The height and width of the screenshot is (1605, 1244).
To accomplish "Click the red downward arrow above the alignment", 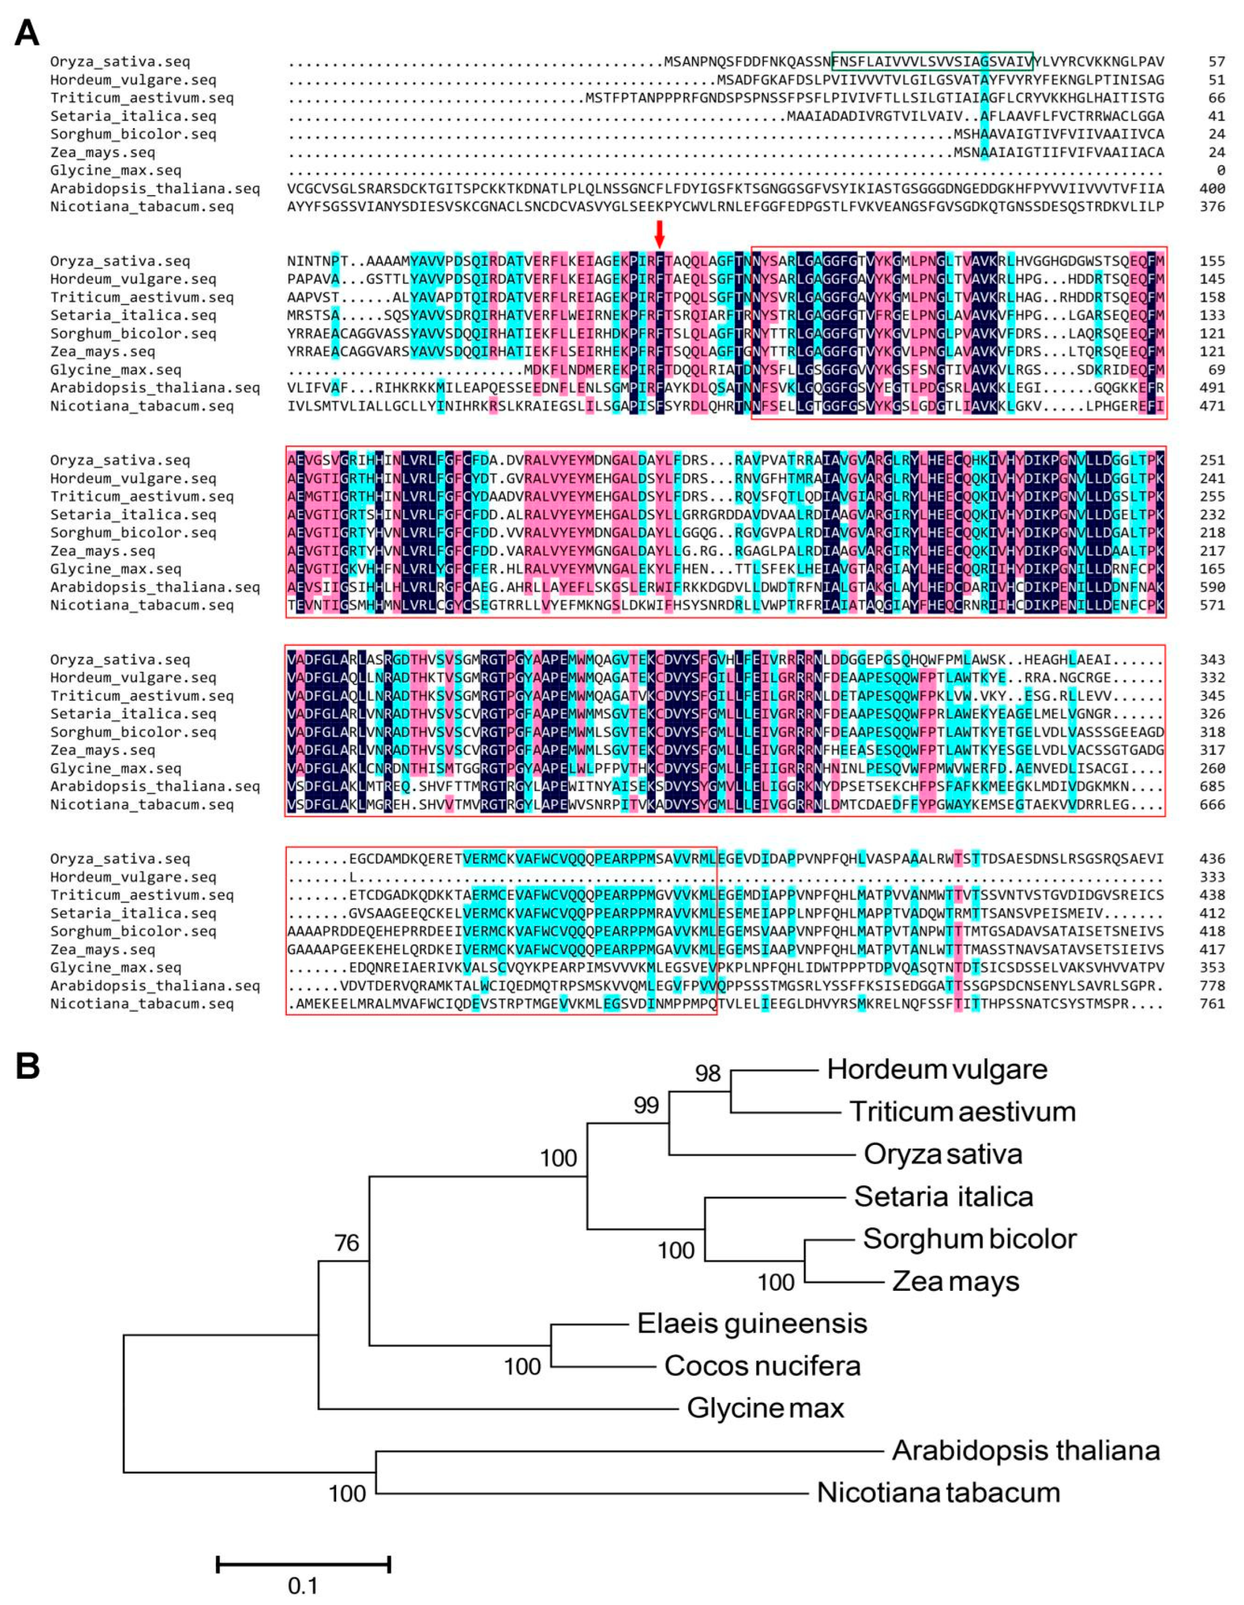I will pos(659,233).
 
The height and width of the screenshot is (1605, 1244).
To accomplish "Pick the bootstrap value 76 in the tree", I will pos(346,1243).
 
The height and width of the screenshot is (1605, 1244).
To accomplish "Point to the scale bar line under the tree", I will pos(303,1564).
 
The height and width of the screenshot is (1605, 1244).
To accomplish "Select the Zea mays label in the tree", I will pos(955,1282).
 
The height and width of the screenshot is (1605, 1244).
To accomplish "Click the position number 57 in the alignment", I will pos(1216,62).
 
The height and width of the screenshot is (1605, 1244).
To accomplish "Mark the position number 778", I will pos(1212,986).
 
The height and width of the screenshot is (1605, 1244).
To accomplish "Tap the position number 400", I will pos(1212,189).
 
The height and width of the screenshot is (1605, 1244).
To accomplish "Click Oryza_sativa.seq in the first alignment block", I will pos(120,62).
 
